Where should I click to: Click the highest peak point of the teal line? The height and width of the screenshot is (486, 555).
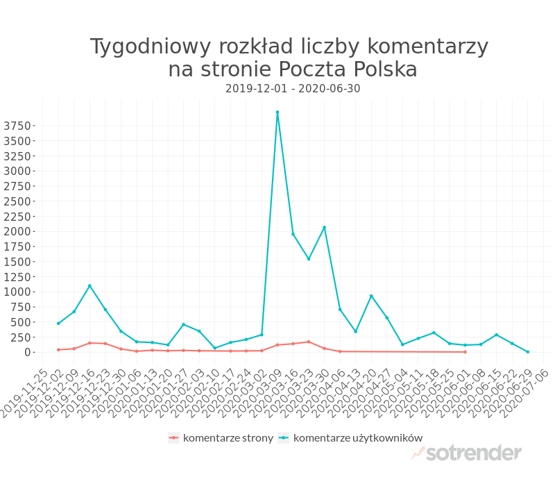coord(277,112)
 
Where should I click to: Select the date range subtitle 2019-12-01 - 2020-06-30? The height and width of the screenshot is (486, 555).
coord(293,89)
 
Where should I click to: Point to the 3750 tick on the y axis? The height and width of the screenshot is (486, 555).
coord(17,126)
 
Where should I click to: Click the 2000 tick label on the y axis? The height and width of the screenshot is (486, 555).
coord(17,231)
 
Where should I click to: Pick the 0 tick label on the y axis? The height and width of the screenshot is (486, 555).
coord(28,352)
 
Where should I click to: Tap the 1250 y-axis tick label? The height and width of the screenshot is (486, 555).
coord(17,276)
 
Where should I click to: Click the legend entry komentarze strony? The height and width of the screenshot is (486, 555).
coord(221,437)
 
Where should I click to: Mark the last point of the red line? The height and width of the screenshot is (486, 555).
coord(465,352)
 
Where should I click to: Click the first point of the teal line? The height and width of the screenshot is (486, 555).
coord(58,324)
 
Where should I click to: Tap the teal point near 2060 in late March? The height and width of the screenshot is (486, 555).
coord(324,228)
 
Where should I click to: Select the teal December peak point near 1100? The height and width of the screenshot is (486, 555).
coord(89,285)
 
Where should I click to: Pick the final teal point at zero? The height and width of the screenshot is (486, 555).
coord(527,352)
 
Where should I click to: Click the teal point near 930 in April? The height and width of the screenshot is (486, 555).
coord(371,296)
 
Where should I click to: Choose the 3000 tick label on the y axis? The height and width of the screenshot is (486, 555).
coord(17,171)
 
